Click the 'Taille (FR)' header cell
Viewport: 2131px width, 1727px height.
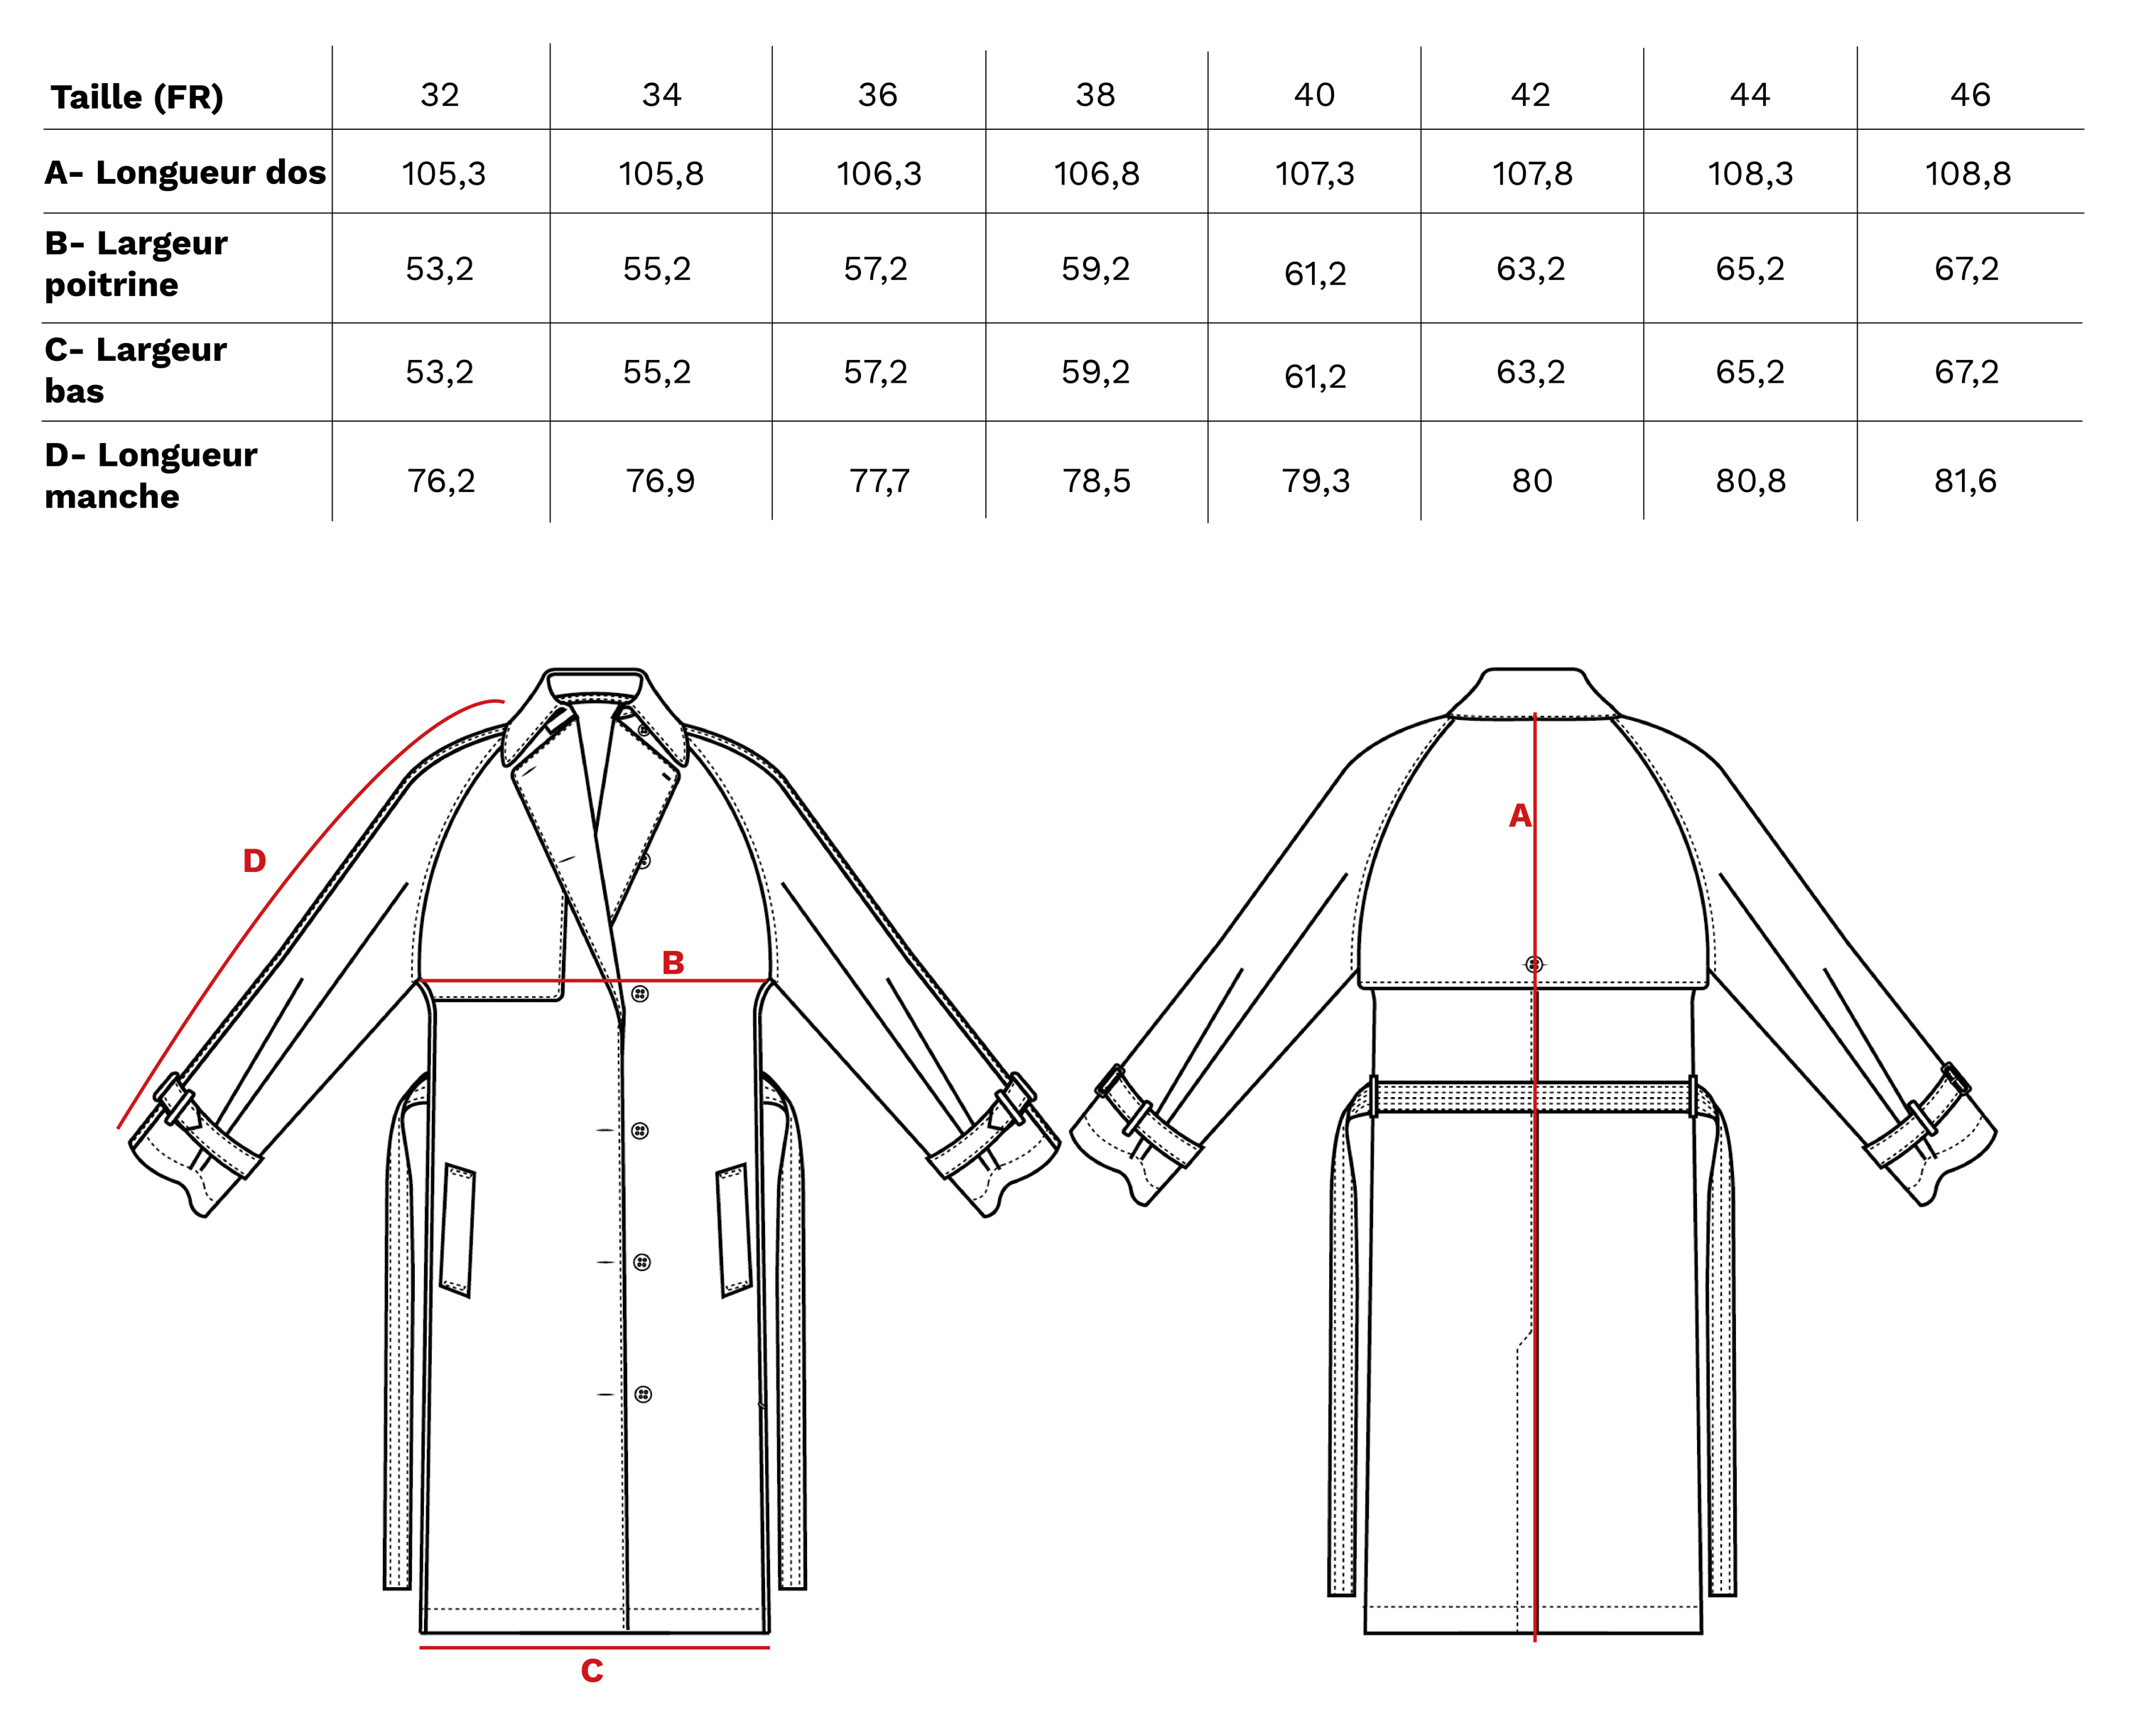coord(137,97)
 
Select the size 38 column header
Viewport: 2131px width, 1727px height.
coord(1095,95)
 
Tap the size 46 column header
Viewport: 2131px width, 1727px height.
coord(1970,95)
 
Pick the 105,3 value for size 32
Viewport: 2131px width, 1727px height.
coord(444,174)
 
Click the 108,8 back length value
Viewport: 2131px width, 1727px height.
coord(1968,174)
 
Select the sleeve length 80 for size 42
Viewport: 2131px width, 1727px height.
coord(1532,481)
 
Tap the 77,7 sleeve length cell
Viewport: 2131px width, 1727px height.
coord(879,481)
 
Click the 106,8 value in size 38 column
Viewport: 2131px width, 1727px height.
coord(1096,174)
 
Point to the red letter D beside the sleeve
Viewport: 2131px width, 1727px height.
coord(255,861)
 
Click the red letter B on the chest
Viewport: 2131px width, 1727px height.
coord(673,962)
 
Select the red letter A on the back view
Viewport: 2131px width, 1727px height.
coord(1520,816)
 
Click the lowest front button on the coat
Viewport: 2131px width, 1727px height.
coord(644,1395)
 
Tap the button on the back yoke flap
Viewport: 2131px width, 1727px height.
coord(1534,964)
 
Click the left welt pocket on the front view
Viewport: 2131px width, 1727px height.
coord(457,1231)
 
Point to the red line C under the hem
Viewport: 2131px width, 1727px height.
coord(595,1647)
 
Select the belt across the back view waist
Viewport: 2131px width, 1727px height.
coord(1533,1096)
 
